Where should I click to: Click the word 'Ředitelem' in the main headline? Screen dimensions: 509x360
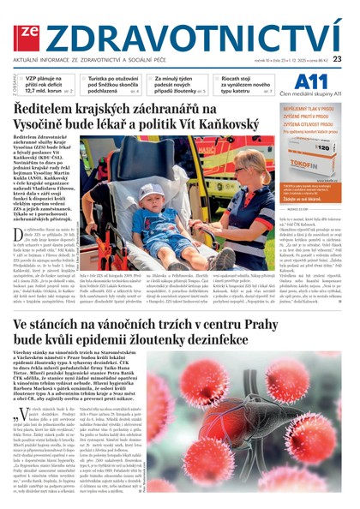coord(45,112)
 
